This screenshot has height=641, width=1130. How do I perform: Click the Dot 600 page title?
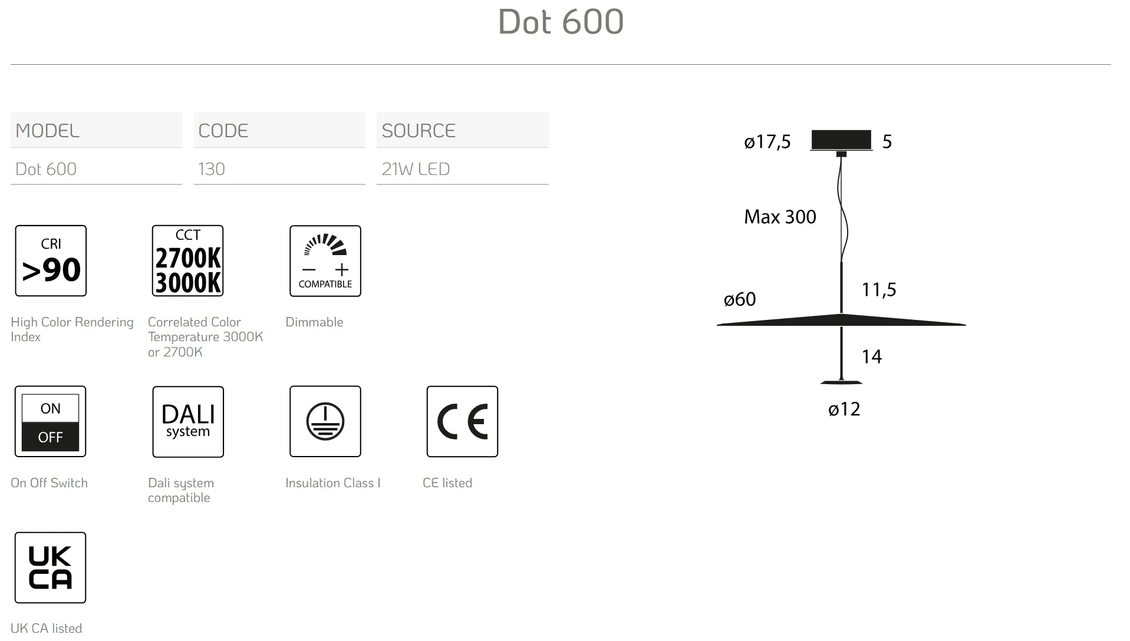tap(561, 22)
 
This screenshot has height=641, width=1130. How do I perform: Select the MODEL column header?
tap(47, 131)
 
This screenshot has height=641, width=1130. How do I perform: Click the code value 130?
tap(211, 169)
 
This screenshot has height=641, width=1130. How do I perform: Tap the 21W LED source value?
tap(416, 169)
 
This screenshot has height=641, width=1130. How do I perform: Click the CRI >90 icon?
tap(51, 260)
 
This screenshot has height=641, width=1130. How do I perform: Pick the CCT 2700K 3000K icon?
tap(187, 260)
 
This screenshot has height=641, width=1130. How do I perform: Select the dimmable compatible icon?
tap(325, 260)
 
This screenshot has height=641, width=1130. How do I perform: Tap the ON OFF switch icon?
tap(50, 421)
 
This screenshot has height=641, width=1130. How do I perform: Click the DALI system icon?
tap(188, 421)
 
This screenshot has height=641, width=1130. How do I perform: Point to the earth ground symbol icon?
tap(325, 421)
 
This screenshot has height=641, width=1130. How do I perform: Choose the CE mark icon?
tap(462, 421)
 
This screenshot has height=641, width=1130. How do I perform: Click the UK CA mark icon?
tap(50, 567)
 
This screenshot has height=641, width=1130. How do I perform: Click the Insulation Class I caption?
tap(332, 483)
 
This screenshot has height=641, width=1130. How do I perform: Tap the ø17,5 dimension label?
tap(767, 142)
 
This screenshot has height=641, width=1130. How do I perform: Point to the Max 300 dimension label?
tap(780, 217)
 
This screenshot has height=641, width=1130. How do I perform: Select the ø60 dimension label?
tap(740, 299)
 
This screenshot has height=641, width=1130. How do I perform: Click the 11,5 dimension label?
tap(879, 290)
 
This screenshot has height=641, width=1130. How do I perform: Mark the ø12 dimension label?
tap(844, 409)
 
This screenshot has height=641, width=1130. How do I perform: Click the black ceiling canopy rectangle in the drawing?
tap(841, 140)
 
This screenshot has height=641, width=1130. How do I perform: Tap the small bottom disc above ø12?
tap(841, 382)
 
